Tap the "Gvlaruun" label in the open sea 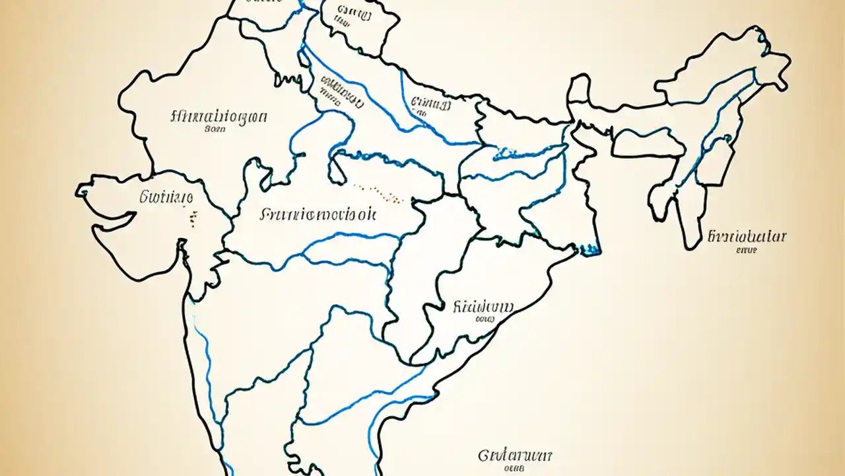click(515, 456)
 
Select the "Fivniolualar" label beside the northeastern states click(747, 237)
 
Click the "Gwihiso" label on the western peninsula click(166, 196)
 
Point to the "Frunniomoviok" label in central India click(318, 214)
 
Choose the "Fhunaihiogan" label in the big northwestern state click(219, 118)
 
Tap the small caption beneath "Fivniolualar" click(747, 251)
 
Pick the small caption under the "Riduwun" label click(485, 319)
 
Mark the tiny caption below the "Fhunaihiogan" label click(215, 130)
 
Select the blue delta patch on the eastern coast click(590, 249)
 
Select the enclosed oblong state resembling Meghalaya click(647, 141)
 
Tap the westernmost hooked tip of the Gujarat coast click(82, 191)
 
